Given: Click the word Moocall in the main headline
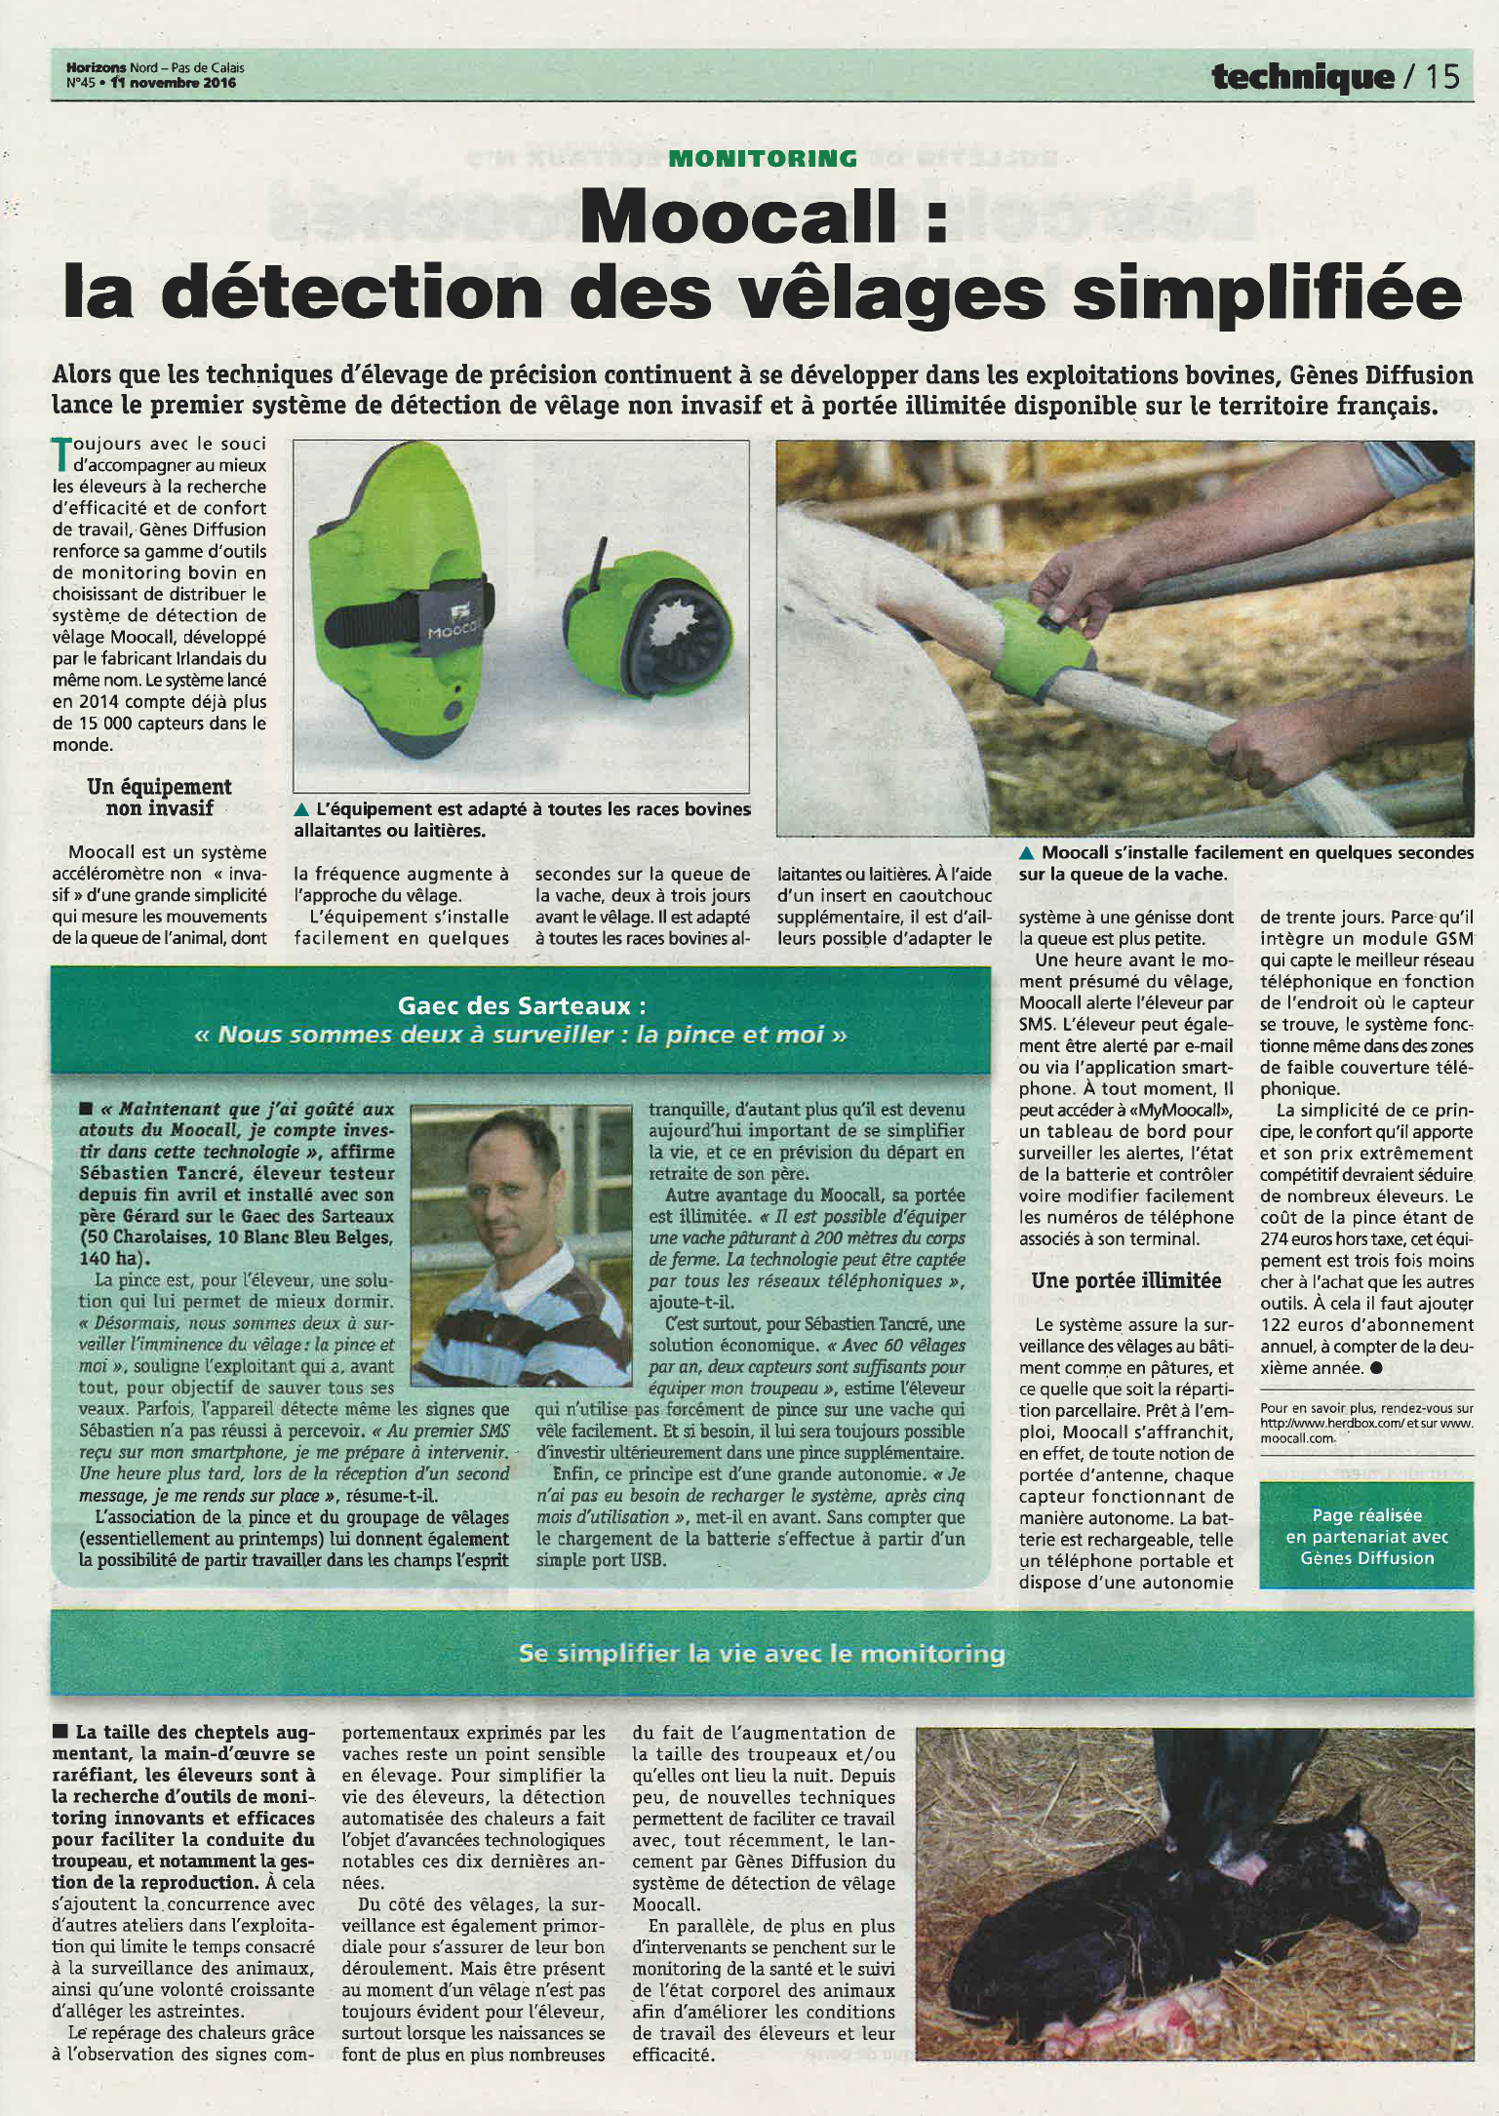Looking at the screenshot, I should (x=738, y=216).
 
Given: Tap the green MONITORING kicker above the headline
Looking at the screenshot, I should (x=763, y=158).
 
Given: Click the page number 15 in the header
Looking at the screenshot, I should (x=1442, y=76).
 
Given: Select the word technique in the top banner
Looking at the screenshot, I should (x=1302, y=76).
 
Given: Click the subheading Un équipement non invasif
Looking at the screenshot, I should (x=159, y=797).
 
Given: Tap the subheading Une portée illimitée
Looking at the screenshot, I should (x=1125, y=1280).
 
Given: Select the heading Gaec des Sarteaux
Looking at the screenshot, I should (x=521, y=1004).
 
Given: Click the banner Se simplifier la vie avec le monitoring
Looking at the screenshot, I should (x=761, y=1653).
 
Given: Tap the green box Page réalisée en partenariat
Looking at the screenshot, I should (x=1365, y=1536).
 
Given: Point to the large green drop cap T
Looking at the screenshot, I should (x=60, y=454).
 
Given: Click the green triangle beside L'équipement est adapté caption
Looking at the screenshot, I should (x=301, y=809).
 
